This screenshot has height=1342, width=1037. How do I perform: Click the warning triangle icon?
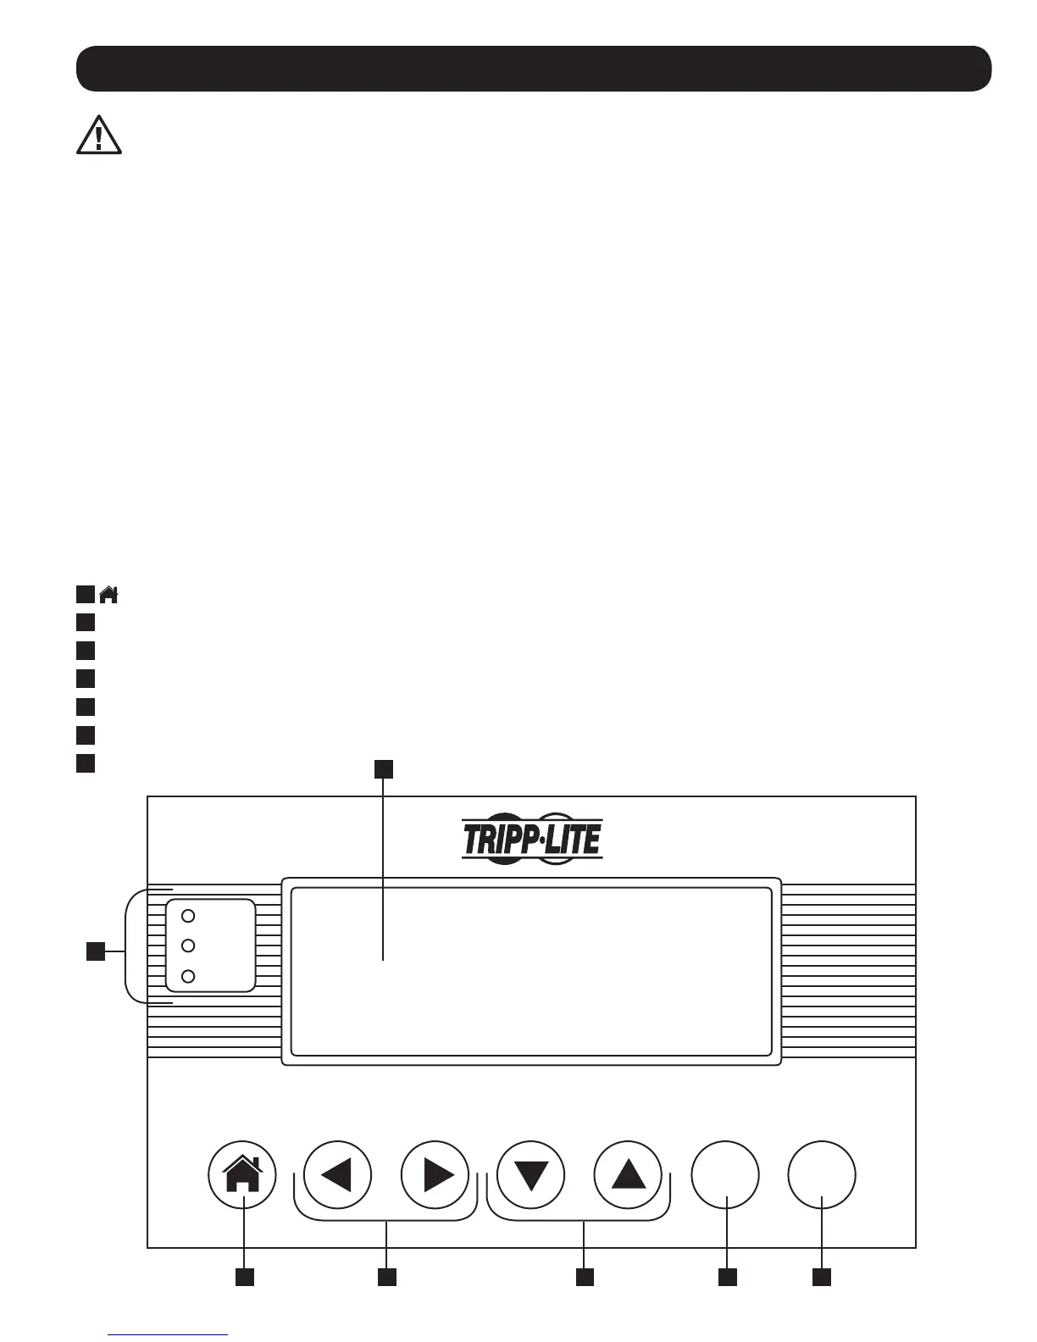coord(99,135)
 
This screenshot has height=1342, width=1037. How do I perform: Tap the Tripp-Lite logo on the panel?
coord(532,840)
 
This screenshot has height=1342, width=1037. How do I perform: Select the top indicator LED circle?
coord(190,916)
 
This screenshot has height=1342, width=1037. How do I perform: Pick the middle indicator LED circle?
coord(190,945)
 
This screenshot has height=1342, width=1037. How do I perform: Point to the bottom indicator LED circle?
coord(190,975)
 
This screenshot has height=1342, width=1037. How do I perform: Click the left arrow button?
coord(337,1175)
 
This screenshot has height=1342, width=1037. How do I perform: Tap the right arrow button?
coord(435,1175)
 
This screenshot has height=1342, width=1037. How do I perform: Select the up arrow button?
coord(629,1175)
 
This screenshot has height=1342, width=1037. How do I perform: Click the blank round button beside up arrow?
coord(725,1175)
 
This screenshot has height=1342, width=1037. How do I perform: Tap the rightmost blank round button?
coord(822,1175)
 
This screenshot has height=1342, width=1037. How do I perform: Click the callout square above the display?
coord(384,768)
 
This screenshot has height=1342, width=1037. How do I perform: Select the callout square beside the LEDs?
coord(97,951)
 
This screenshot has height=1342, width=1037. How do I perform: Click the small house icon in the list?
coord(108,595)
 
